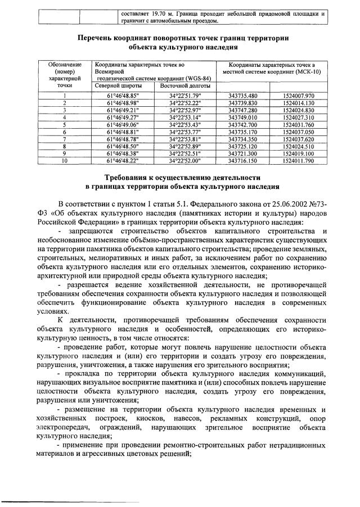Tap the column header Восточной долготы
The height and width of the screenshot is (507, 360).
click(185, 86)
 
